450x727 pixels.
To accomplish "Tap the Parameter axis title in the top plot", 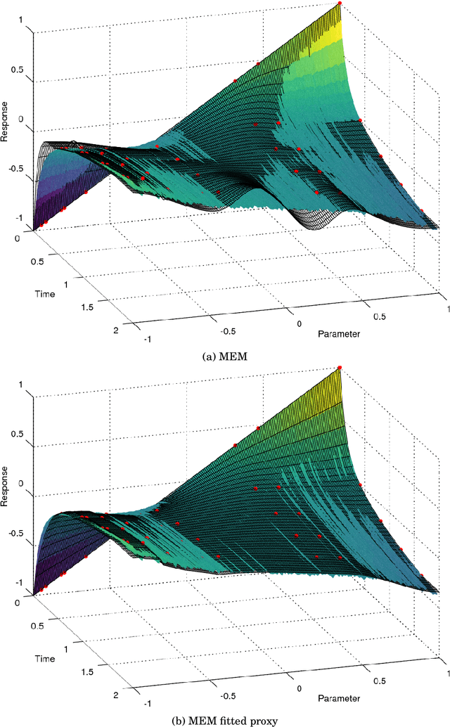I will [x=339, y=333].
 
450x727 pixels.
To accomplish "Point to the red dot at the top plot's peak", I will [x=340, y=4].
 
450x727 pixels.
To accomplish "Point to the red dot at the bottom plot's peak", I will [x=340, y=367].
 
